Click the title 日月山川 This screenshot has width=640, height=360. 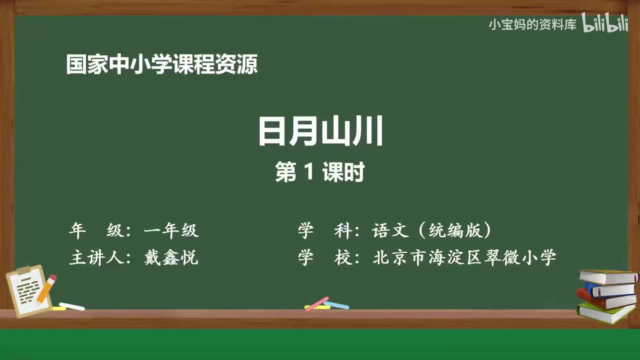pos(320,131)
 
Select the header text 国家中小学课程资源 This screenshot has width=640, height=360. pos(162,65)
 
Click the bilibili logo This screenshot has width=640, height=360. pos(605,24)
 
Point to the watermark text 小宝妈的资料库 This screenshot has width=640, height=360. pos(532,24)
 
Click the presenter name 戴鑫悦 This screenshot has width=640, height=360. pos(171,258)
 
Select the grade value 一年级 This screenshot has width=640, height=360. pos(171,230)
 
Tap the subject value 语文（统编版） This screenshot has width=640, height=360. pos(432,230)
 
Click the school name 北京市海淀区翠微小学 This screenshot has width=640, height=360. pos(464,258)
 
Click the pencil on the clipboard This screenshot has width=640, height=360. pos(47,288)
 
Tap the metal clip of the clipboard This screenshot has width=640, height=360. pos(24,271)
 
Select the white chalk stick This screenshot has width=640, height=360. pos(71,306)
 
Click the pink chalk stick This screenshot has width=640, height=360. pos(317,303)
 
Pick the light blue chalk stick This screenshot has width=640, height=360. pos(337,304)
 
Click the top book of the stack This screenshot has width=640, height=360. pos(607,276)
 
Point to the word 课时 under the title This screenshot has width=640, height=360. pos(343,173)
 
